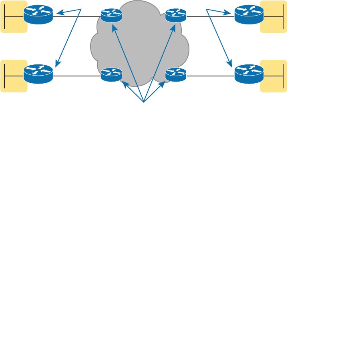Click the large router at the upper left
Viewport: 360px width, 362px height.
click(x=38, y=14)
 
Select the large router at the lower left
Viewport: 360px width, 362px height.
click(x=38, y=74)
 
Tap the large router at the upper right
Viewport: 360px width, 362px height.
click(x=249, y=14)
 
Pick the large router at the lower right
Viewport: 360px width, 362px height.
click(x=249, y=74)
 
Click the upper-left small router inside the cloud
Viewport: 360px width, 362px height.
click(x=111, y=15)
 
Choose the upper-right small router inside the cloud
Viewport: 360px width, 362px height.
click(x=176, y=15)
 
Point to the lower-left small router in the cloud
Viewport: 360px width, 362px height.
click(x=111, y=74)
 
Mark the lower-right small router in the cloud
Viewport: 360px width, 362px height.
click(x=176, y=74)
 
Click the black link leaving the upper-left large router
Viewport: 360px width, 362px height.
click(x=76, y=17)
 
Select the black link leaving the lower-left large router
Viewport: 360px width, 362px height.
click(x=76, y=76)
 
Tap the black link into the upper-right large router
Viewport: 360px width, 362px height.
click(x=210, y=17)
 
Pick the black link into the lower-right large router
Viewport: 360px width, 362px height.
click(x=210, y=76)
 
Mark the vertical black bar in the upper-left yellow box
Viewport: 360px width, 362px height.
click(x=4, y=17)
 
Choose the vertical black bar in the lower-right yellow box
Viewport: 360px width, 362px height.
click(x=283, y=76)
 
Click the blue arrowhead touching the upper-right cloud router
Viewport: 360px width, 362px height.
click(x=173, y=28)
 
